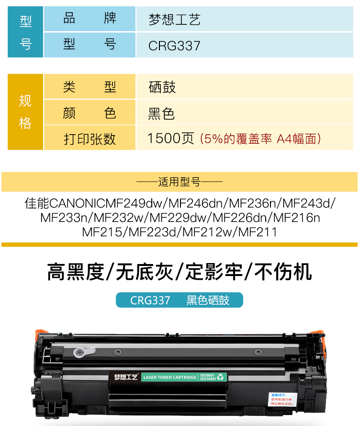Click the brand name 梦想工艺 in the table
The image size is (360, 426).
[x=174, y=20]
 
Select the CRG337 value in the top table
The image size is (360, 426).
[x=174, y=46]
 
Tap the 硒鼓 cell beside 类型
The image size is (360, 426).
[x=162, y=87]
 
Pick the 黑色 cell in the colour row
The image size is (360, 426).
[x=161, y=114]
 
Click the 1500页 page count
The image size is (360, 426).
[x=170, y=139]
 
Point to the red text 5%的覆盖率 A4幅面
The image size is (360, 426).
[x=260, y=139]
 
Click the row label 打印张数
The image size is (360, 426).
[x=90, y=139]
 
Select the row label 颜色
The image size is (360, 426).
[x=90, y=114]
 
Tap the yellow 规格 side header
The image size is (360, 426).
[x=25, y=112]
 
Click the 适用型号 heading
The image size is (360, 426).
[x=180, y=182]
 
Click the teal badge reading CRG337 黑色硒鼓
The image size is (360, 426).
[x=180, y=300]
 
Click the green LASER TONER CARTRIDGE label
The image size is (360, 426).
[x=169, y=378]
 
